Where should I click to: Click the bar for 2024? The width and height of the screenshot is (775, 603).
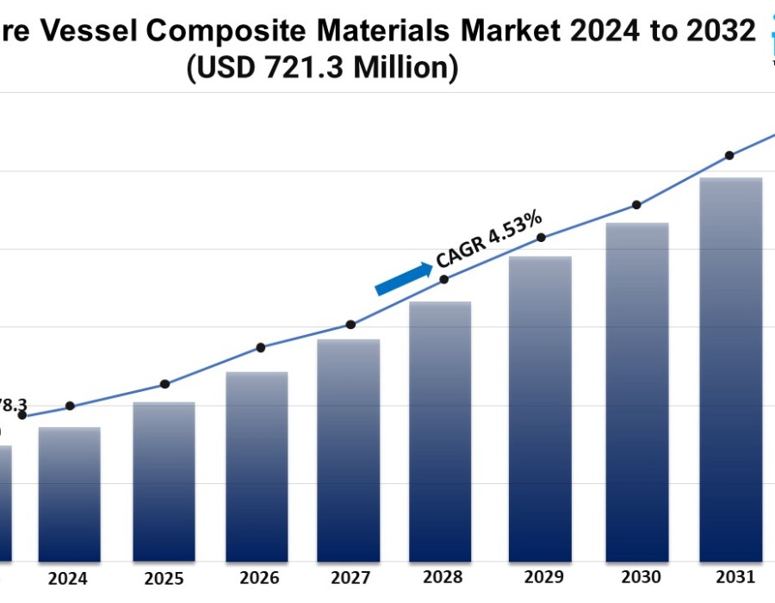70,494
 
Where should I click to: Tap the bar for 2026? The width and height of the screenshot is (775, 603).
257,466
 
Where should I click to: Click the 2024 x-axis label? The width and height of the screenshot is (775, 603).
68,579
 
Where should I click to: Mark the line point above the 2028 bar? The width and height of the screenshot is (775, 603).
444,279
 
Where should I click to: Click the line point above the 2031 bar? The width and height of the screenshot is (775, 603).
729,156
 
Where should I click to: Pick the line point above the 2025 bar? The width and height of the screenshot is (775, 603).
164,384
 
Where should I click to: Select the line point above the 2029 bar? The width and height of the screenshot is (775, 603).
541,238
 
